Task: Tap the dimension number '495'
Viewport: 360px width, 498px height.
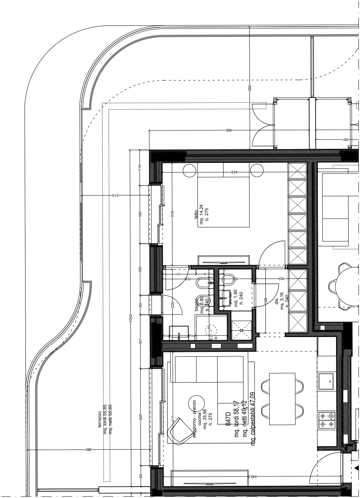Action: coord(229,130)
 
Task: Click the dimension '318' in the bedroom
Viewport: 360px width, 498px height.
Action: coord(172,215)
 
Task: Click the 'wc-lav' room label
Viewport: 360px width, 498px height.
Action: coord(230,298)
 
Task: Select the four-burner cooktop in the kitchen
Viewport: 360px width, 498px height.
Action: coord(327,420)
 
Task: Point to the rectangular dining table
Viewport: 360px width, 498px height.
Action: coord(282,399)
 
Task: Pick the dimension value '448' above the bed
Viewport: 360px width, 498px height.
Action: coord(235,172)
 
